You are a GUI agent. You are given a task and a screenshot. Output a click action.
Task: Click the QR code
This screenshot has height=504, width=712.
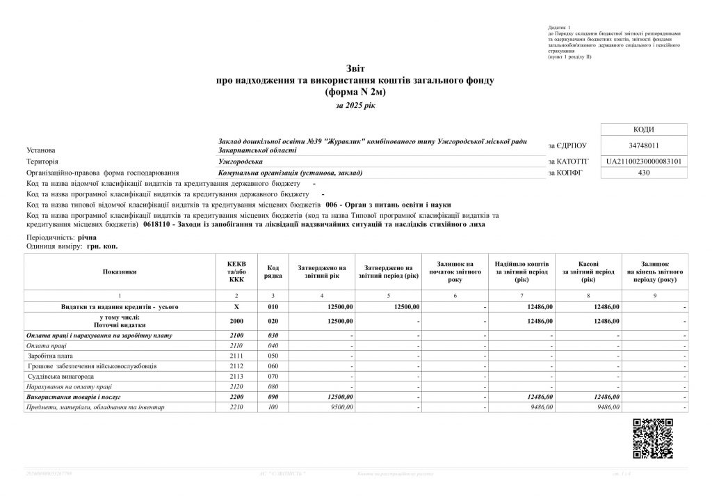point(652,439)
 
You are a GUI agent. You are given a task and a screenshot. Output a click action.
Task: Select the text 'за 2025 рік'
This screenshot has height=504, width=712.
point(355,105)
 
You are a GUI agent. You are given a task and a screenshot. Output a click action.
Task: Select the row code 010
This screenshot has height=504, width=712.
point(273,307)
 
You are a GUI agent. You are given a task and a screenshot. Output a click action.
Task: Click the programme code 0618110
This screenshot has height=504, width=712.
point(159,226)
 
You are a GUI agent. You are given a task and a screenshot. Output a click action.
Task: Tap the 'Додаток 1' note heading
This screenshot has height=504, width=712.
point(558,26)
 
